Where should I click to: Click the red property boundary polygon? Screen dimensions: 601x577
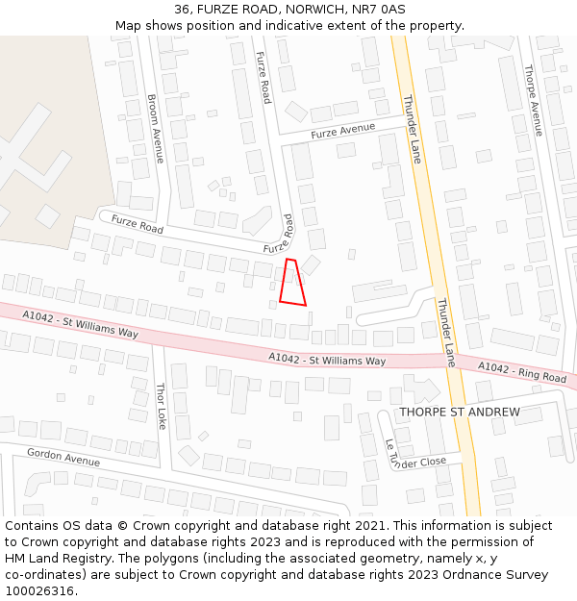(x=292, y=284)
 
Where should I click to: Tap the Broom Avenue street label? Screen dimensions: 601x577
(x=157, y=129)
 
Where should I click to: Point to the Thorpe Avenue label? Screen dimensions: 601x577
(x=534, y=100)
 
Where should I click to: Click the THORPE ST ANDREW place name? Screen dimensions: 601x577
(x=460, y=413)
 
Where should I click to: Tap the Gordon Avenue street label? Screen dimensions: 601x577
(x=63, y=457)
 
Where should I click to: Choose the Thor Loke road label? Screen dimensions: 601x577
(x=163, y=407)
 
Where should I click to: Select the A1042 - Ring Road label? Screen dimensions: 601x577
(x=522, y=372)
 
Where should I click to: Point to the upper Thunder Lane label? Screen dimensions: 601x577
(x=412, y=129)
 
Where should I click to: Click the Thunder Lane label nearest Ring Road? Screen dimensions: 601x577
(x=446, y=332)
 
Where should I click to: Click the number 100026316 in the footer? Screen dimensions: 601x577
(x=40, y=590)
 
